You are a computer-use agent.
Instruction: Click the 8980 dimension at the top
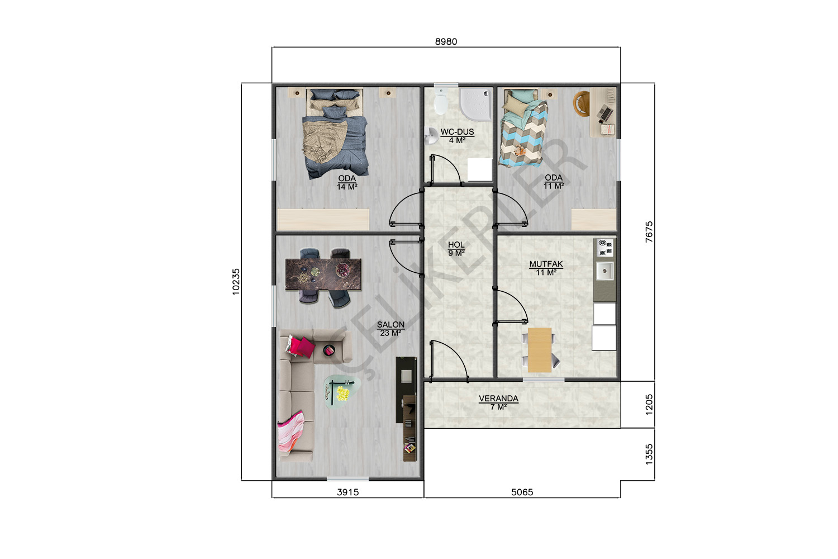(446, 41)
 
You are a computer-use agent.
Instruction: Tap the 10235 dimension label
(236, 282)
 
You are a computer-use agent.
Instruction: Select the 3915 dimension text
(348, 492)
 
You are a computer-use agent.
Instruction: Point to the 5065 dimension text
(522, 492)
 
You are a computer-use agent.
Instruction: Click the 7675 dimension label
(649, 232)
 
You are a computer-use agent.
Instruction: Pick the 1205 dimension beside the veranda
(649, 404)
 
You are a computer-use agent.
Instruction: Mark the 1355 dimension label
(649, 454)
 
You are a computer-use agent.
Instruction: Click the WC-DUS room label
(457, 132)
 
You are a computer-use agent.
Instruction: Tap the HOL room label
(456, 244)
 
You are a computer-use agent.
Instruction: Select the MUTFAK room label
(546, 264)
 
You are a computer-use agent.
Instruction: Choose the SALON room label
(391, 325)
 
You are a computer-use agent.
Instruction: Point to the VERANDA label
(499, 399)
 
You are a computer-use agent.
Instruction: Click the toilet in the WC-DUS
(441, 101)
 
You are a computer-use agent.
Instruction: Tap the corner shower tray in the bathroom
(475, 104)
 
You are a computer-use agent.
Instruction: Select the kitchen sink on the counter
(604, 271)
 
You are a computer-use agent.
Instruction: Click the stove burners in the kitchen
(605, 248)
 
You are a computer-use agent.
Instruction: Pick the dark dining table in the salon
(323, 274)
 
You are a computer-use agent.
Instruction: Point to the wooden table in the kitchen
(540, 350)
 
